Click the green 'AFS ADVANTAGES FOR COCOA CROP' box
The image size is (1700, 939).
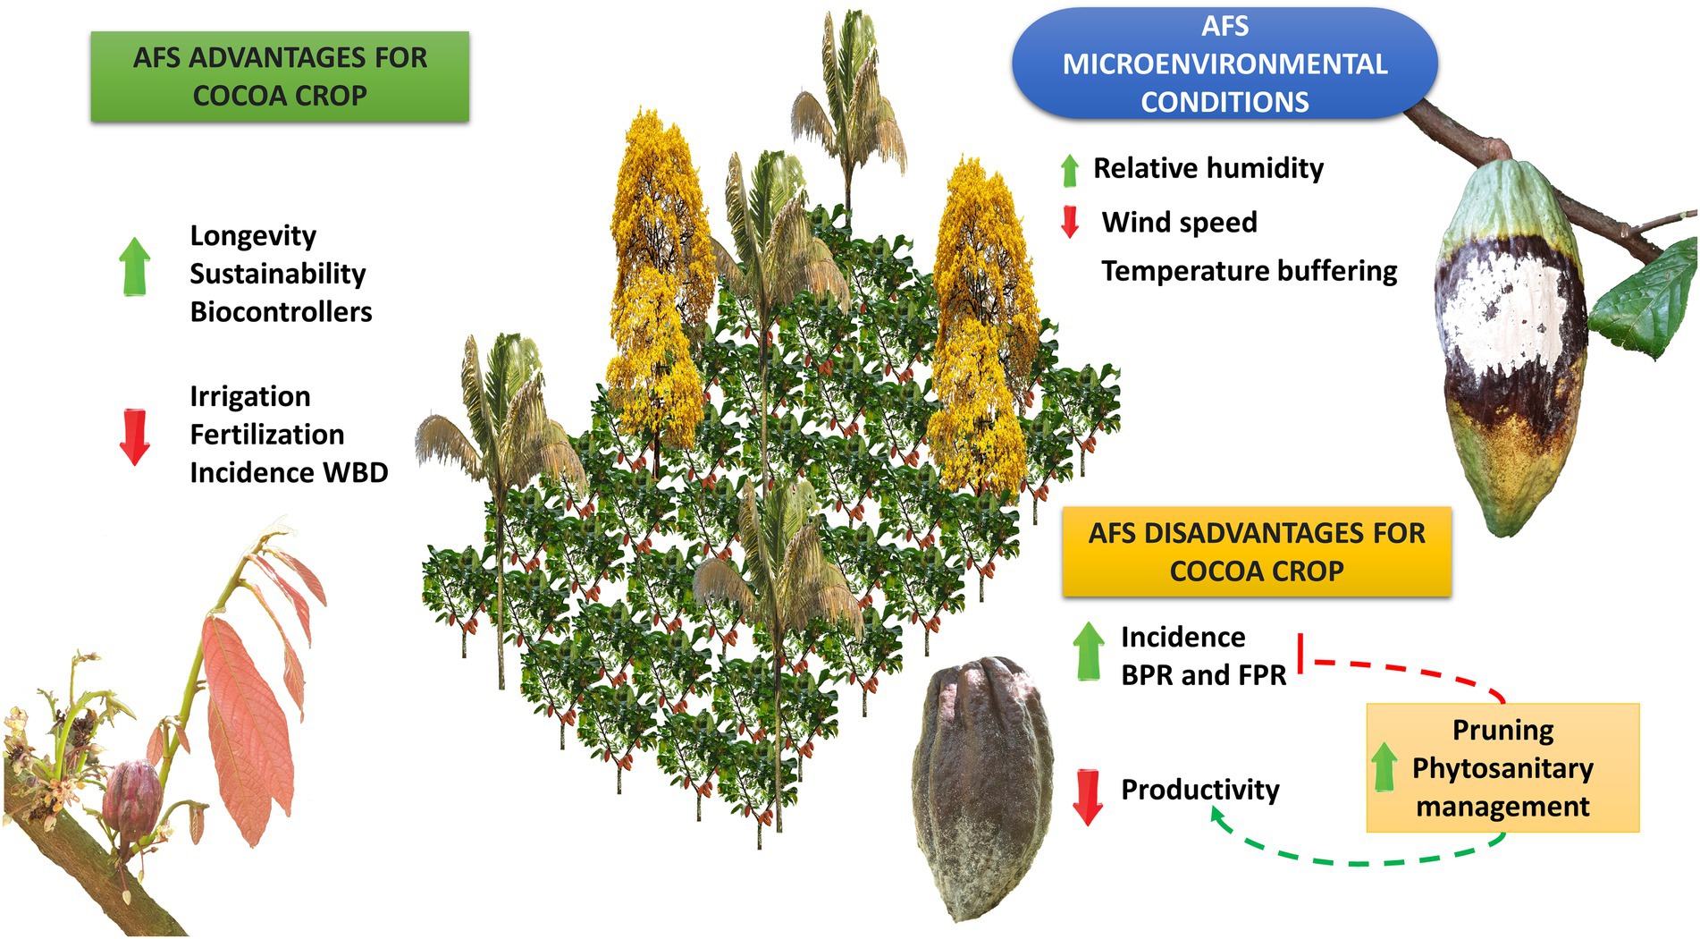pos(280,77)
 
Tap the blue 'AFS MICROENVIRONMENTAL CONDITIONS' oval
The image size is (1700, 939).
pos(1225,64)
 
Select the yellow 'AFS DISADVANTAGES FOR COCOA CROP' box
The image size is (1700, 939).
pos(1256,552)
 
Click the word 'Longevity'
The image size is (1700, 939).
pos(253,235)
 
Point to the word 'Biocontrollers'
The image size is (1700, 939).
pos(281,311)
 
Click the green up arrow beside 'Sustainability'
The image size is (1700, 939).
pos(135,266)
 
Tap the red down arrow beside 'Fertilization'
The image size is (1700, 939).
pos(135,436)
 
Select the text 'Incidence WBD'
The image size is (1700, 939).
pos(289,472)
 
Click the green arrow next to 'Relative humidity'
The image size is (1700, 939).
pos(1069,170)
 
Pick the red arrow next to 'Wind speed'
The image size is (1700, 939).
pos(1069,222)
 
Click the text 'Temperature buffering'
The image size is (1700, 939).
pos(1249,271)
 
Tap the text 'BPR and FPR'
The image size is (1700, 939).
pos(1203,675)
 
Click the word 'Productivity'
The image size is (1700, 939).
pos(1199,790)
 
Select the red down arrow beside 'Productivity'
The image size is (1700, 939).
pos(1087,796)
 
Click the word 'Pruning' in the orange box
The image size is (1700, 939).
pos(1502,730)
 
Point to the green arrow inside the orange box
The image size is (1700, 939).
pos(1384,766)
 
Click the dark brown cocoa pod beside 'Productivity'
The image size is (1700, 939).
pos(982,787)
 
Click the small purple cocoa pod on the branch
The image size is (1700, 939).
pos(130,796)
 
